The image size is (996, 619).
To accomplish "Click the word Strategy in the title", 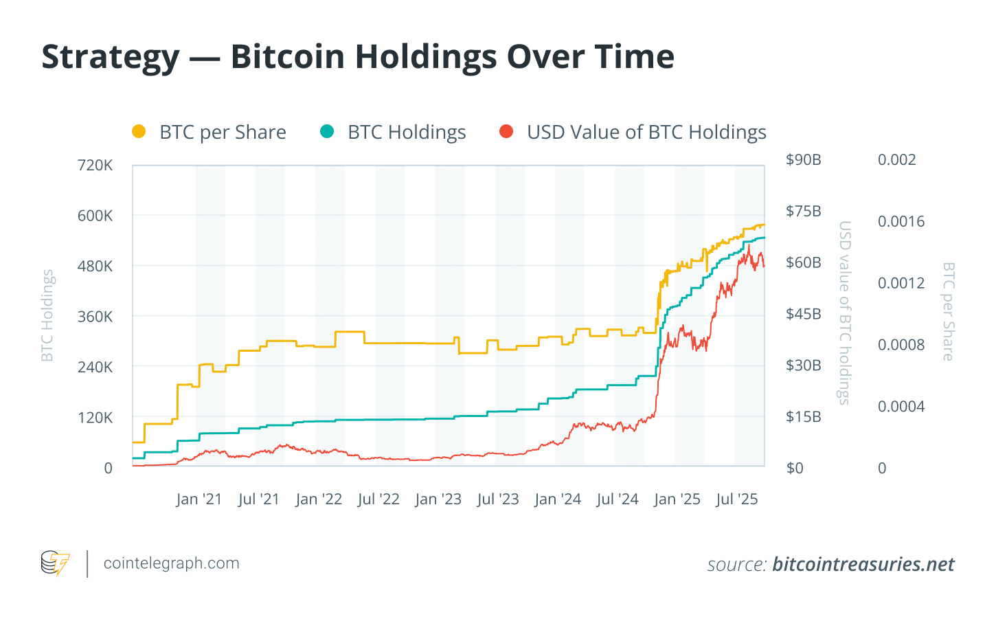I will point(111,57).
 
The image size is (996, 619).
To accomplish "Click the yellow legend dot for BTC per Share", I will point(139,131).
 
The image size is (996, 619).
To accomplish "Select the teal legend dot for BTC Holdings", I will point(327,131).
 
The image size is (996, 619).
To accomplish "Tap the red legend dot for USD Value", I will point(506,131).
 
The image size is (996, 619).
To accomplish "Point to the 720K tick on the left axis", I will point(95,165).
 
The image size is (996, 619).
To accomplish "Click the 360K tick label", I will point(95,317).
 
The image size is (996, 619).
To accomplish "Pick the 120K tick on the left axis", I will point(95,418).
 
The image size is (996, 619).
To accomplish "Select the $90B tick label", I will point(803,160).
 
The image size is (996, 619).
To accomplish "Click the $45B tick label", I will point(803,314).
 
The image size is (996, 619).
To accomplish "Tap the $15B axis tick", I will point(803,417).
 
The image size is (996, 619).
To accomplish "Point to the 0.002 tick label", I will point(896,160).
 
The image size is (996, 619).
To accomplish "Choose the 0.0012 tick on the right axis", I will point(901,283).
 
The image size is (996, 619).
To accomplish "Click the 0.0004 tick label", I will point(901,407).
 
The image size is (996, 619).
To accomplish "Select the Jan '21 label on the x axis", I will point(199,499).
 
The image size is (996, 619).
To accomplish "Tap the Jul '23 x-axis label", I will point(498,499).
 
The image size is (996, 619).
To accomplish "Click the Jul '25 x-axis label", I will point(736,499).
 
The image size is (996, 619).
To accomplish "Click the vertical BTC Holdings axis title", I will point(47,315).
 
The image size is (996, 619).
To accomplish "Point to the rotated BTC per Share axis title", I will point(949,311).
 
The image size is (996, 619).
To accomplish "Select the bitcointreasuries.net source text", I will point(863,565).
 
